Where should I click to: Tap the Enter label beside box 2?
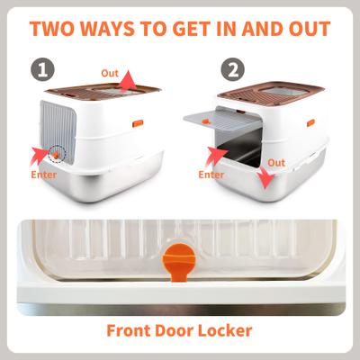pyautogui.click(x=211, y=175)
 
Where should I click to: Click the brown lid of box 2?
pyautogui.click(x=270, y=86)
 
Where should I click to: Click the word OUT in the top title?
pyautogui.click(x=301, y=27)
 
